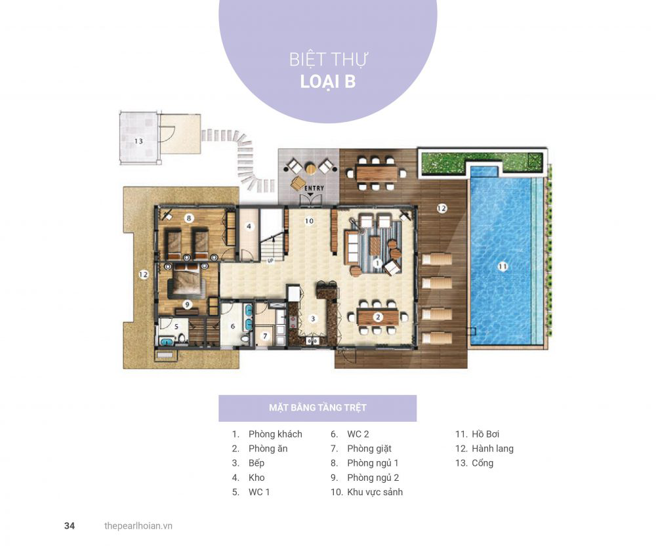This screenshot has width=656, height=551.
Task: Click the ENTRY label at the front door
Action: click(314, 188)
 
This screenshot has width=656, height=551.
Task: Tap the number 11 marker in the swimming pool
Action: click(502, 266)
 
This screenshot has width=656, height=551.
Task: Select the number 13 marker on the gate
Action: click(138, 142)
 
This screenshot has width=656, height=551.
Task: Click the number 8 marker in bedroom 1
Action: click(189, 218)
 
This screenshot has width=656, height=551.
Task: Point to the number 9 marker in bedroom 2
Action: click(187, 304)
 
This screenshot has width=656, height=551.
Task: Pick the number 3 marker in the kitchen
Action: click(312, 319)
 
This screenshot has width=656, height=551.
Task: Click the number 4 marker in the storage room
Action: click(249, 227)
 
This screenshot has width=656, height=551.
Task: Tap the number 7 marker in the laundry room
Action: click(265, 336)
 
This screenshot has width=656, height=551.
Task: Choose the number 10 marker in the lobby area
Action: click(309, 221)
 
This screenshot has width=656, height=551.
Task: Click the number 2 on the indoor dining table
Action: click(377, 317)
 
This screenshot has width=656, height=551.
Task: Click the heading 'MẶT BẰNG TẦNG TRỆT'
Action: click(318, 407)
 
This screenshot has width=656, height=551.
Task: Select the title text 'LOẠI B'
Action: click(328, 81)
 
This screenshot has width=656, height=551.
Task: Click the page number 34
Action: click(70, 526)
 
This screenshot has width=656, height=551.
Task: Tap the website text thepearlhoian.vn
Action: click(138, 526)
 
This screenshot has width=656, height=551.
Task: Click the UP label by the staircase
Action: click(270, 260)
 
